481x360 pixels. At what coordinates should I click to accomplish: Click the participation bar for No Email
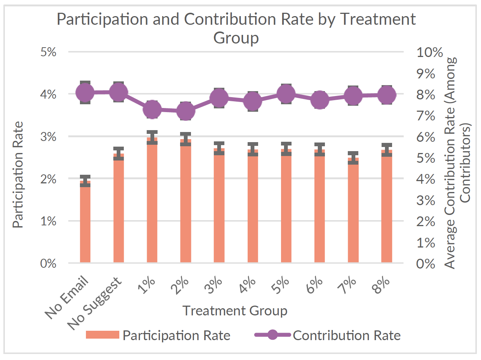pyautogui.click(x=85, y=223)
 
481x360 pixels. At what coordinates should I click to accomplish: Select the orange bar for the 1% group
pyautogui.click(x=152, y=202)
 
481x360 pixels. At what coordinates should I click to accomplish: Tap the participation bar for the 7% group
pyautogui.click(x=353, y=212)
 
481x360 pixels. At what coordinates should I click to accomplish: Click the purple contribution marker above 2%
pyautogui.click(x=185, y=111)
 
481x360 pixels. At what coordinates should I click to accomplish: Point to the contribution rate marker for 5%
pyautogui.click(x=286, y=93)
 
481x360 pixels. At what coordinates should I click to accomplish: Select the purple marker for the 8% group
pyautogui.click(x=387, y=94)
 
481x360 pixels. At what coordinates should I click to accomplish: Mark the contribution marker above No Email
pyautogui.click(x=85, y=92)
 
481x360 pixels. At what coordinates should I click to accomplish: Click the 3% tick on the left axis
pyautogui.click(x=48, y=136)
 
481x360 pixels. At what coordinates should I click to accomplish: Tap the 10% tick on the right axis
pyautogui.click(x=430, y=52)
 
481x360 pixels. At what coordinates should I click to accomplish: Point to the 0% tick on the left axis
pyautogui.click(x=48, y=263)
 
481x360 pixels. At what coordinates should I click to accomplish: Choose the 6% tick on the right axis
pyautogui.click(x=426, y=136)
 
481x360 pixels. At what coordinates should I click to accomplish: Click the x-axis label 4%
pyautogui.click(x=248, y=285)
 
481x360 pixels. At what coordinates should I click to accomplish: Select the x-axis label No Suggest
pyautogui.click(x=96, y=304)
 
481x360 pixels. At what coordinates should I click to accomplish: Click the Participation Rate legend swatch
pyautogui.click(x=102, y=335)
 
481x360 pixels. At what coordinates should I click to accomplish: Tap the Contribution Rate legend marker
pyautogui.click(x=273, y=335)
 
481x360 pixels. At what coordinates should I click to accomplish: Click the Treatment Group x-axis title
pyautogui.click(x=235, y=311)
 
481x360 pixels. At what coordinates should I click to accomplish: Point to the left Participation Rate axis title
pyautogui.click(x=18, y=175)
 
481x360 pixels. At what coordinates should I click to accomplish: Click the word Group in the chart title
pyautogui.click(x=236, y=38)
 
